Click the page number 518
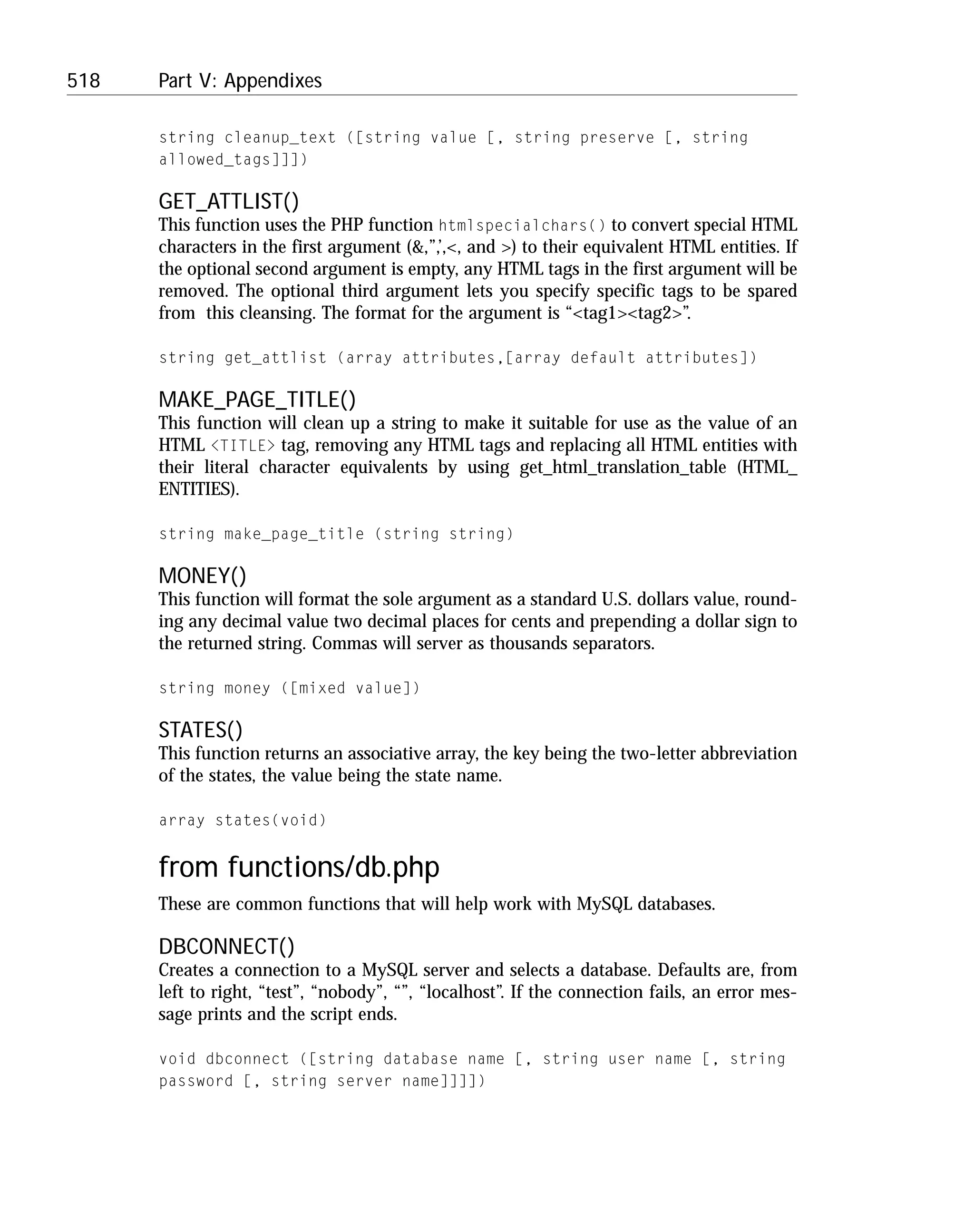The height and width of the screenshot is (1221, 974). click(x=83, y=81)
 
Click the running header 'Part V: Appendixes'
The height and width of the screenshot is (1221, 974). click(x=240, y=81)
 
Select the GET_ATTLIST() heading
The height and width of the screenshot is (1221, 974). click(x=228, y=202)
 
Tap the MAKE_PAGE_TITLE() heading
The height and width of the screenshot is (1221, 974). click(x=257, y=400)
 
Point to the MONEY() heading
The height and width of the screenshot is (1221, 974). click(x=202, y=576)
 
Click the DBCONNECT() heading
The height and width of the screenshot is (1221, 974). click(x=226, y=947)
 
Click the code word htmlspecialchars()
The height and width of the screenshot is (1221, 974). click(x=522, y=226)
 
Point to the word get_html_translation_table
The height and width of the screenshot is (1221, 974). click(x=623, y=467)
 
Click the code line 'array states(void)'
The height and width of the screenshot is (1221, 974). click(x=243, y=821)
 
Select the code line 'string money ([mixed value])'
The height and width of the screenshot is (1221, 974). click(x=289, y=689)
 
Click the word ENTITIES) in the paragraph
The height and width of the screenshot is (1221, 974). click(x=198, y=489)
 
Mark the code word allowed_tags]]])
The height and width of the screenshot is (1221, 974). click(x=233, y=160)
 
